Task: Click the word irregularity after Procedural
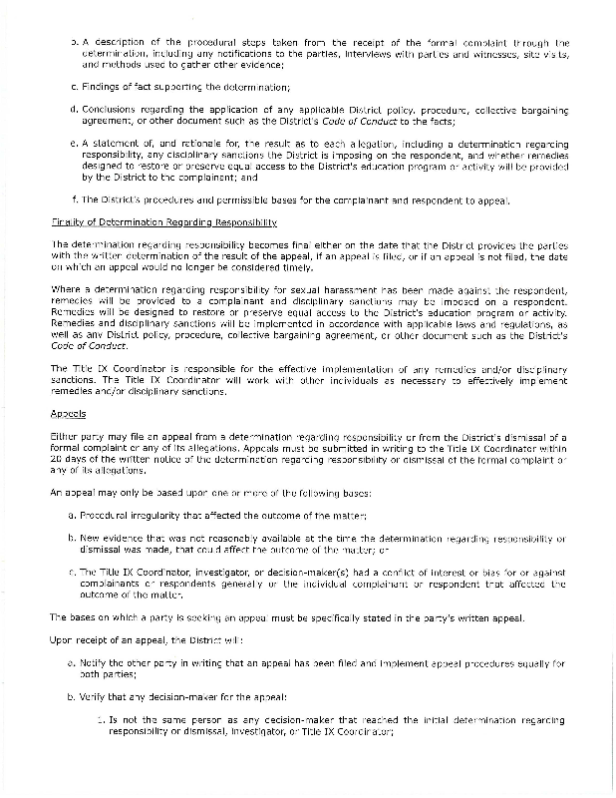164,513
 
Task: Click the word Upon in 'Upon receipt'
62,638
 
